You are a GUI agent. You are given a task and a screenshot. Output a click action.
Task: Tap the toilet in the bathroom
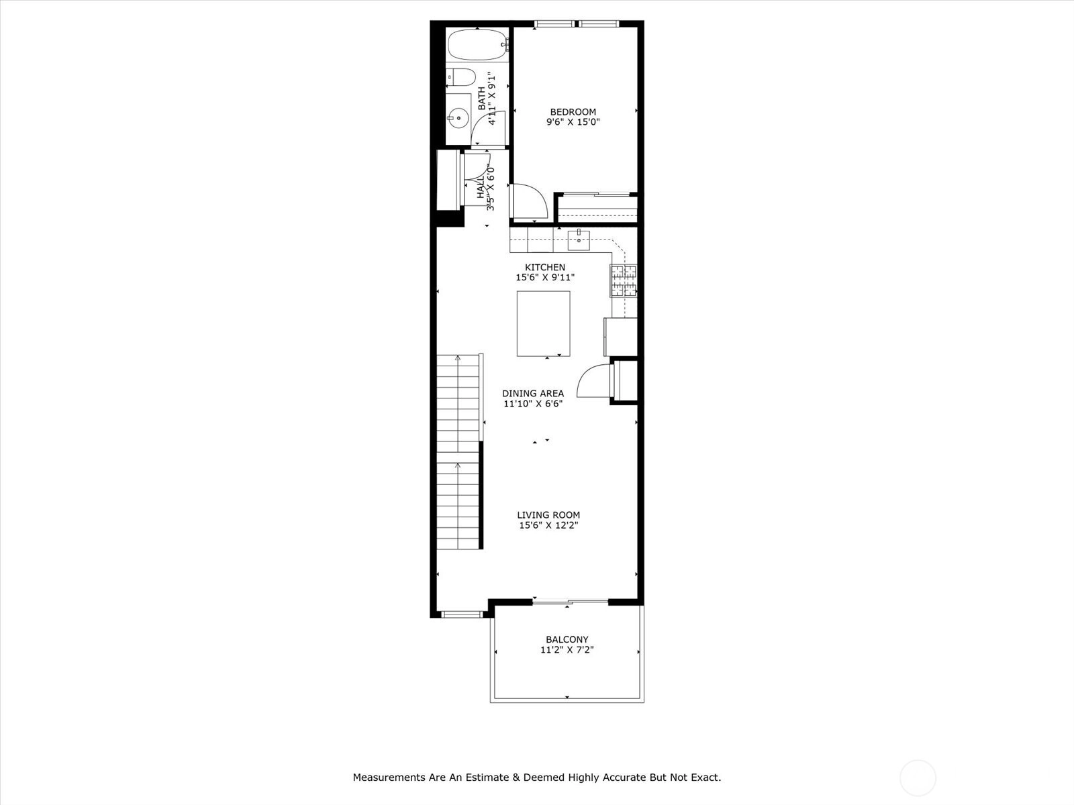(x=461, y=77)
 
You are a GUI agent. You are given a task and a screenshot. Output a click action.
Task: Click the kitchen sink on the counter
(x=579, y=239)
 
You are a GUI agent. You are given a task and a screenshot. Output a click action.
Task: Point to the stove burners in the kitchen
(x=624, y=280)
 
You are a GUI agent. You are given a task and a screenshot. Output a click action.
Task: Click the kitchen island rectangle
(x=543, y=323)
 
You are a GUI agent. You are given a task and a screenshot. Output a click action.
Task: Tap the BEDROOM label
(x=573, y=112)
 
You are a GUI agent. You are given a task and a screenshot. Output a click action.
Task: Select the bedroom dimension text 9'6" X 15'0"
(x=573, y=122)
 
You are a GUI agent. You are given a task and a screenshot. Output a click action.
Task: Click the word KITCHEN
(x=545, y=268)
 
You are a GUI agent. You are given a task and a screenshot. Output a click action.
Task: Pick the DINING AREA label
(x=533, y=394)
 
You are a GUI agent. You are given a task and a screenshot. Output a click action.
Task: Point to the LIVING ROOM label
(x=548, y=515)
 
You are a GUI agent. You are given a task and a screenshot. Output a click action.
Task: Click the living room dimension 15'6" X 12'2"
(x=548, y=525)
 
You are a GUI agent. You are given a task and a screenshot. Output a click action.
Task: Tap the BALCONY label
(x=567, y=639)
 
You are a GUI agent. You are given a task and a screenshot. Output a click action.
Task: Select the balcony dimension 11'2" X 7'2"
(x=567, y=650)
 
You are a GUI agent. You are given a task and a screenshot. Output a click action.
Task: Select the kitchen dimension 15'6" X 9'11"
(x=545, y=278)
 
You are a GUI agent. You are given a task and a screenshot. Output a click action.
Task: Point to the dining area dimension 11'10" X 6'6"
(x=533, y=404)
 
